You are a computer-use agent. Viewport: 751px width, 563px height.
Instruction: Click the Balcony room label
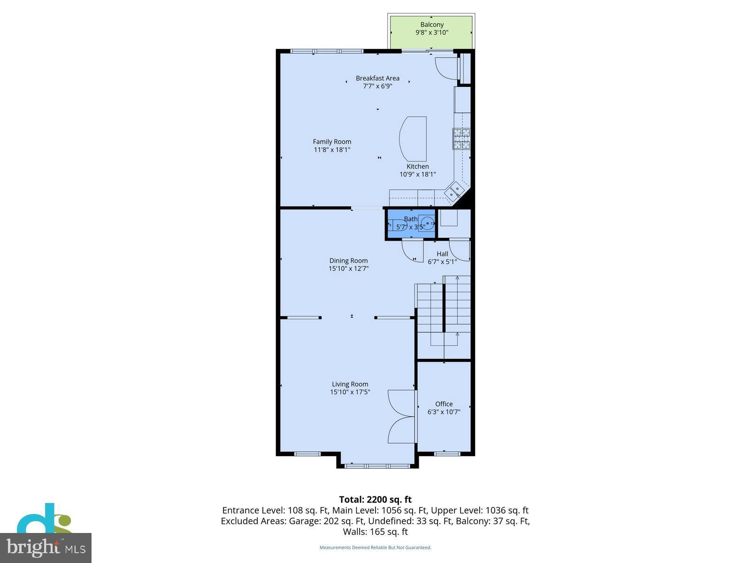(x=432, y=25)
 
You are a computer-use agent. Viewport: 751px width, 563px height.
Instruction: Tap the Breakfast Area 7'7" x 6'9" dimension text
(x=377, y=86)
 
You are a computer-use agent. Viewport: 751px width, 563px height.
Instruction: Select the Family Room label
(x=332, y=142)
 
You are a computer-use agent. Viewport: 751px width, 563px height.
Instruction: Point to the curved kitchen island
(x=414, y=139)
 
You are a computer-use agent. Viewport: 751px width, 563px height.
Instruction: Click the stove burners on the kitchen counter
(x=461, y=139)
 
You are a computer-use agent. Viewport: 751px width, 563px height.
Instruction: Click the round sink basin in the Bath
(x=427, y=222)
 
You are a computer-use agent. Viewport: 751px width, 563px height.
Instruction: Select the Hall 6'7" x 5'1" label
(x=442, y=258)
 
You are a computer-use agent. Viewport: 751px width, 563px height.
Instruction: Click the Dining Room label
(x=348, y=261)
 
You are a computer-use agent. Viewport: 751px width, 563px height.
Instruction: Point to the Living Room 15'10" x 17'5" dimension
(x=350, y=392)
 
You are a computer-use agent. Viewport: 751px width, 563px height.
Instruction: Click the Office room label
(x=444, y=404)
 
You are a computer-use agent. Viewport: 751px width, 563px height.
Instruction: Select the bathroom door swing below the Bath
(x=412, y=251)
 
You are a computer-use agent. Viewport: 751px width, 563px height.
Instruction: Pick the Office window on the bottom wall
(x=447, y=453)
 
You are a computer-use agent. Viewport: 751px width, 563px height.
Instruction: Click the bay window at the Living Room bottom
(x=377, y=466)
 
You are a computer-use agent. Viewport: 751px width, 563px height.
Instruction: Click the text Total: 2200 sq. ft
(x=375, y=500)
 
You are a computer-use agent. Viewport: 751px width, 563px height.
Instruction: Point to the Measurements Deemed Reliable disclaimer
(x=375, y=548)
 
